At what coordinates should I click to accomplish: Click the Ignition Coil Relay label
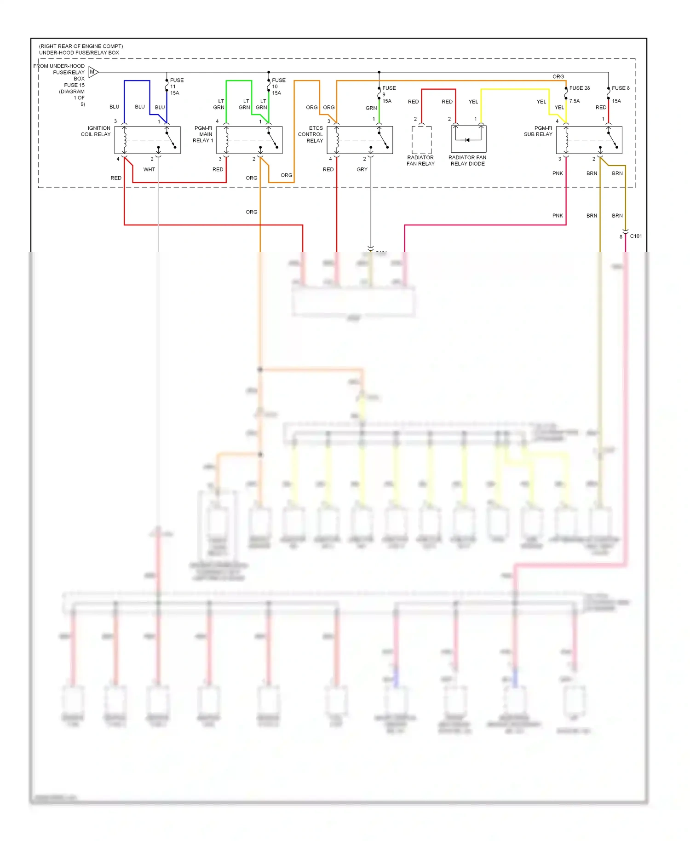click(x=96, y=131)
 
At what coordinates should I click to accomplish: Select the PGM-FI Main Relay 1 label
click(x=203, y=134)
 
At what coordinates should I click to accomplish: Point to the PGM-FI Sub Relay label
click(x=538, y=131)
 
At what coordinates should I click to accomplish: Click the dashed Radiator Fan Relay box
click(x=421, y=140)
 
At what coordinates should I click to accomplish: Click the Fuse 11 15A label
click(x=176, y=86)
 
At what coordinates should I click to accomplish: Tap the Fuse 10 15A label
click(x=278, y=86)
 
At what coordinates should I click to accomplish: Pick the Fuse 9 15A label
click(x=388, y=94)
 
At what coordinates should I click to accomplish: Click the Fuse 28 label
click(x=579, y=88)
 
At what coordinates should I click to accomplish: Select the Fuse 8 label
click(x=620, y=88)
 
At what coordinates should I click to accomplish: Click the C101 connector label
click(x=636, y=236)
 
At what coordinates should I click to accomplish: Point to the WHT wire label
click(x=149, y=169)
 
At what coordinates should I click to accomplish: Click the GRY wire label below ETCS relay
click(x=362, y=169)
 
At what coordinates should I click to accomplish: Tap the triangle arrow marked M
click(x=93, y=72)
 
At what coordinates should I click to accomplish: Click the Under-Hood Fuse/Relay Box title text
click(x=79, y=52)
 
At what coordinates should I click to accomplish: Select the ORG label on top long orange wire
click(x=558, y=76)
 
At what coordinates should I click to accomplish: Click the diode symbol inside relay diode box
click(x=467, y=140)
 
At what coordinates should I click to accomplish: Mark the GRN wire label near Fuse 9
click(x=371, y=108)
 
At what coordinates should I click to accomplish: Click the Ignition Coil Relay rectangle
click(x=147, y=140)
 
